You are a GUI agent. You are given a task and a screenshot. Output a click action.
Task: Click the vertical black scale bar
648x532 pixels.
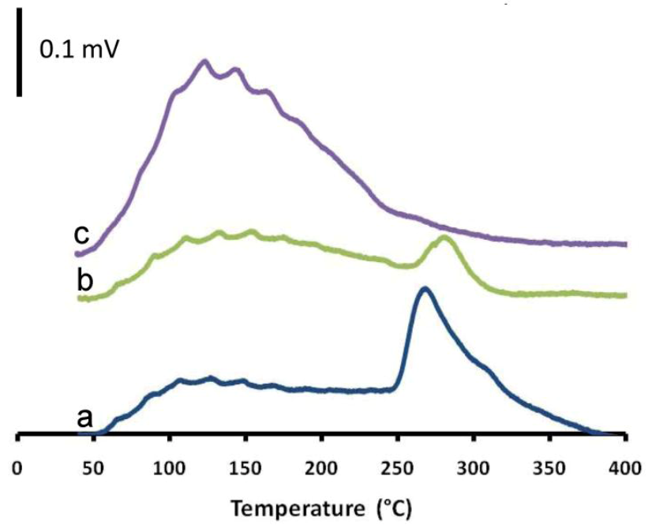[19, 52]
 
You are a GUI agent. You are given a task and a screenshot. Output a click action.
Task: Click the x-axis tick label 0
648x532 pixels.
[17, 466]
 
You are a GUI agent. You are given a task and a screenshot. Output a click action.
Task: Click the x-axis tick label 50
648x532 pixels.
[93, 466]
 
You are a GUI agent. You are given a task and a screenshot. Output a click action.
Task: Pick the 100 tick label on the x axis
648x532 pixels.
[169, 466]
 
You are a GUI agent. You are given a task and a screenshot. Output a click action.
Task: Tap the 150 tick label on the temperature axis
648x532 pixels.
[245, 466]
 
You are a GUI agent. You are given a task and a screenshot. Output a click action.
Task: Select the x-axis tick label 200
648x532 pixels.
[321, 466]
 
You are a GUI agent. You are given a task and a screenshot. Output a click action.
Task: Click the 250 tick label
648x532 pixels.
[397, 466]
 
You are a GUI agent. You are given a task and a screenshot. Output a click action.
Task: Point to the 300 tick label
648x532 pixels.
[474, 466]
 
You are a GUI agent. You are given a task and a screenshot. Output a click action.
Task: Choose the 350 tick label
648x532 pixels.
[549, 466]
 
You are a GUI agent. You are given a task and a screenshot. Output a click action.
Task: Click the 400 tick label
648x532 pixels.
[624, 466]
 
